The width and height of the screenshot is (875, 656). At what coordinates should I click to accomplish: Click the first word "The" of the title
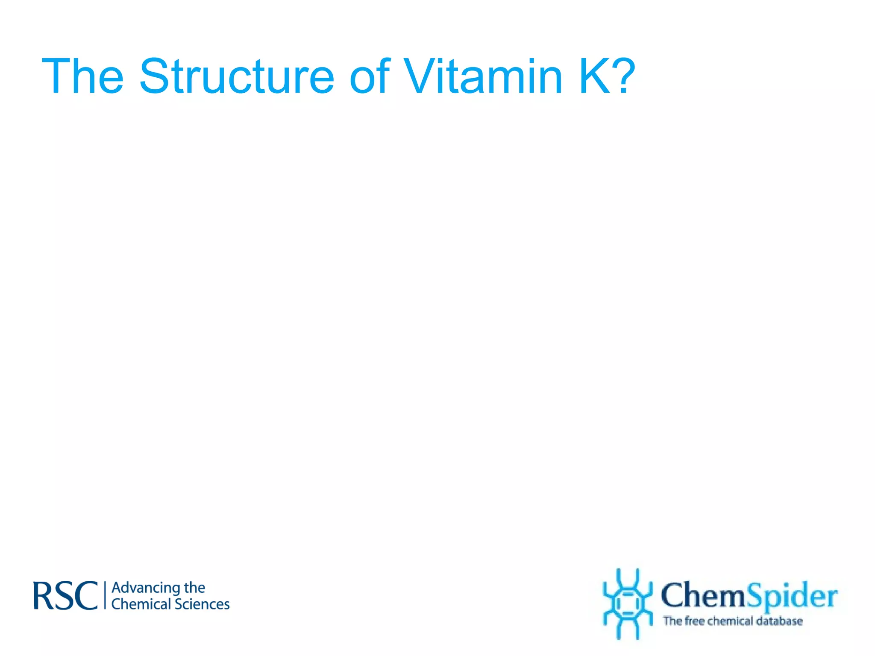tap(83, 77)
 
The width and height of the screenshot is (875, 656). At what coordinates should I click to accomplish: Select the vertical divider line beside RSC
tap(105, 595)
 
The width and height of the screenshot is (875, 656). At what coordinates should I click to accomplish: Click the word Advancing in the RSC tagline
tap(145, 588)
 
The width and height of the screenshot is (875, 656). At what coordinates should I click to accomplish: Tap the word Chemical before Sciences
tap(141, 604)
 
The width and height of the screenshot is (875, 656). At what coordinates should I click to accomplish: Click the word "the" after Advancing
tap(194, 588)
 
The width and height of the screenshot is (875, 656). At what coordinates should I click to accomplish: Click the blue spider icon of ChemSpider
tap(627, 604)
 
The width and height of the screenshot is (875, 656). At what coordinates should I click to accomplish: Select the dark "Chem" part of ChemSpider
tap(703, 595)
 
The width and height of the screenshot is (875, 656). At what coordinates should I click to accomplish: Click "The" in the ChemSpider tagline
tap(672, 621)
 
